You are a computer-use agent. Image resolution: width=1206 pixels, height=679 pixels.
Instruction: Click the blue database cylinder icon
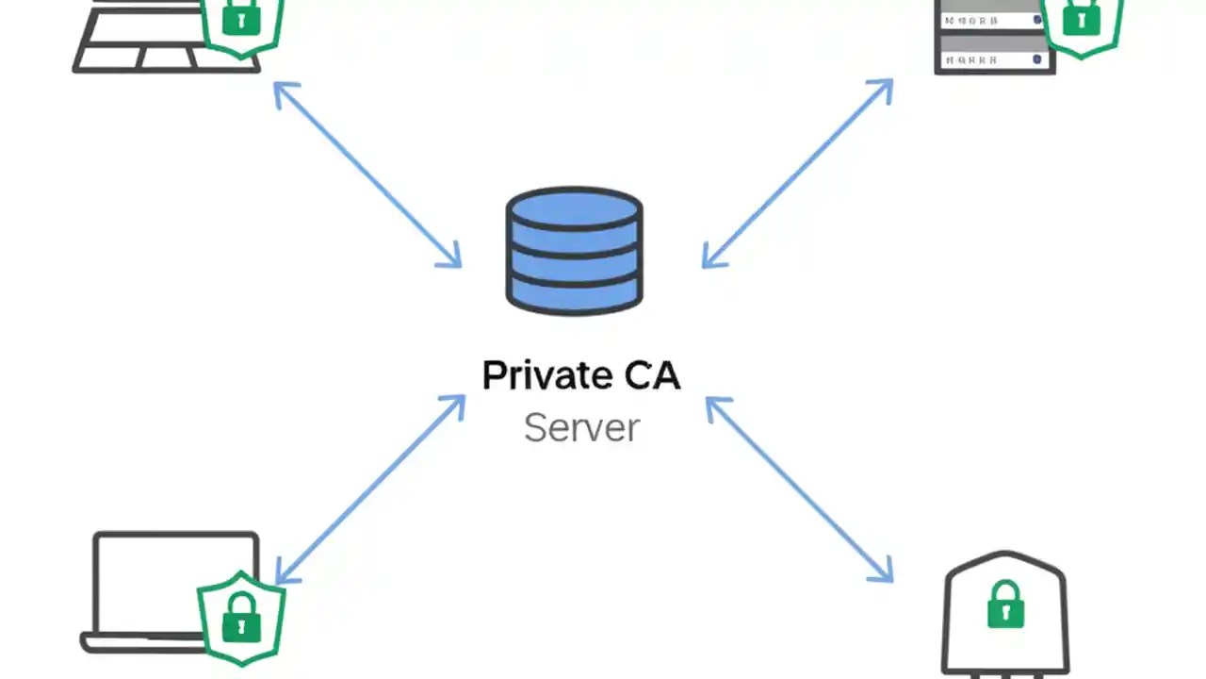click(x=575, y=250)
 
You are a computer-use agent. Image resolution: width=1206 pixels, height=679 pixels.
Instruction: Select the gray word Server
click(x=581, y=427)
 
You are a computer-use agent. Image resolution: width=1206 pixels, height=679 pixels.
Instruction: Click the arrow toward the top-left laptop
click(x=367, y=174)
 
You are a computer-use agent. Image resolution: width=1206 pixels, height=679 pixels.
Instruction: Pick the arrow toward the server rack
click(x=797, y=174)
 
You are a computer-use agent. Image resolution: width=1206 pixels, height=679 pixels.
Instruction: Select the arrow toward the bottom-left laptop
click(x=369, y=489)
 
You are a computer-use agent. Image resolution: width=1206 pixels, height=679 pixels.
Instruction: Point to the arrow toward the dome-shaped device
click(x=799, y=489)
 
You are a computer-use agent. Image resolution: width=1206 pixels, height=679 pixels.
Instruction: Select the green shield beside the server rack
click(x=1081, y=21)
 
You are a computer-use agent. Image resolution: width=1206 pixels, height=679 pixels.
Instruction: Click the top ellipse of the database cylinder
click(x=575, y=207)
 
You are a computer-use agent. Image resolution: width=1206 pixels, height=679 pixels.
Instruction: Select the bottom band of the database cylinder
click(x=575, y=294)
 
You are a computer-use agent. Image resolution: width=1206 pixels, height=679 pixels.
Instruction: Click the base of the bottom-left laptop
click(x=141, y=643)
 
